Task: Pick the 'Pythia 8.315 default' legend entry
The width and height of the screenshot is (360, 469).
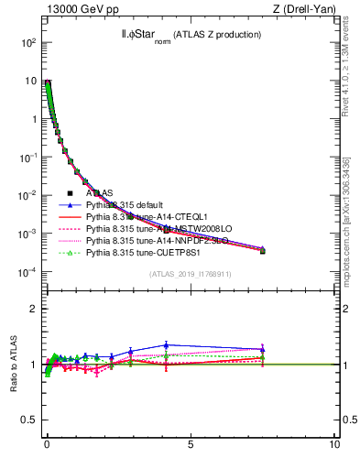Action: point(125,205)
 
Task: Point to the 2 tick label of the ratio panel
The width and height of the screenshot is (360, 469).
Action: point(33,309)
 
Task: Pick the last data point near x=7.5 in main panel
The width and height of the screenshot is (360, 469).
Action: point(262,250)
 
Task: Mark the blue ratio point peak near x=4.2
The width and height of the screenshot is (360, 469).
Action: point(166,345)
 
